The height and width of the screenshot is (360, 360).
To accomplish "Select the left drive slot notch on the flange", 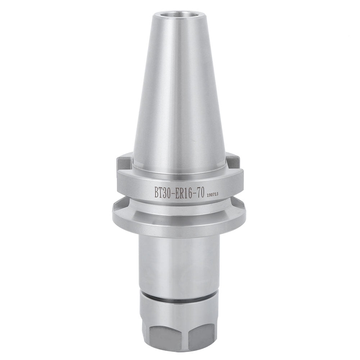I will coord(124,162).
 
